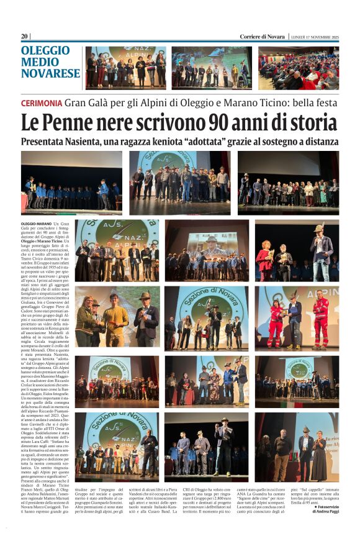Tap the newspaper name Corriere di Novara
click(263, 37)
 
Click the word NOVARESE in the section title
click(50, 73)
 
